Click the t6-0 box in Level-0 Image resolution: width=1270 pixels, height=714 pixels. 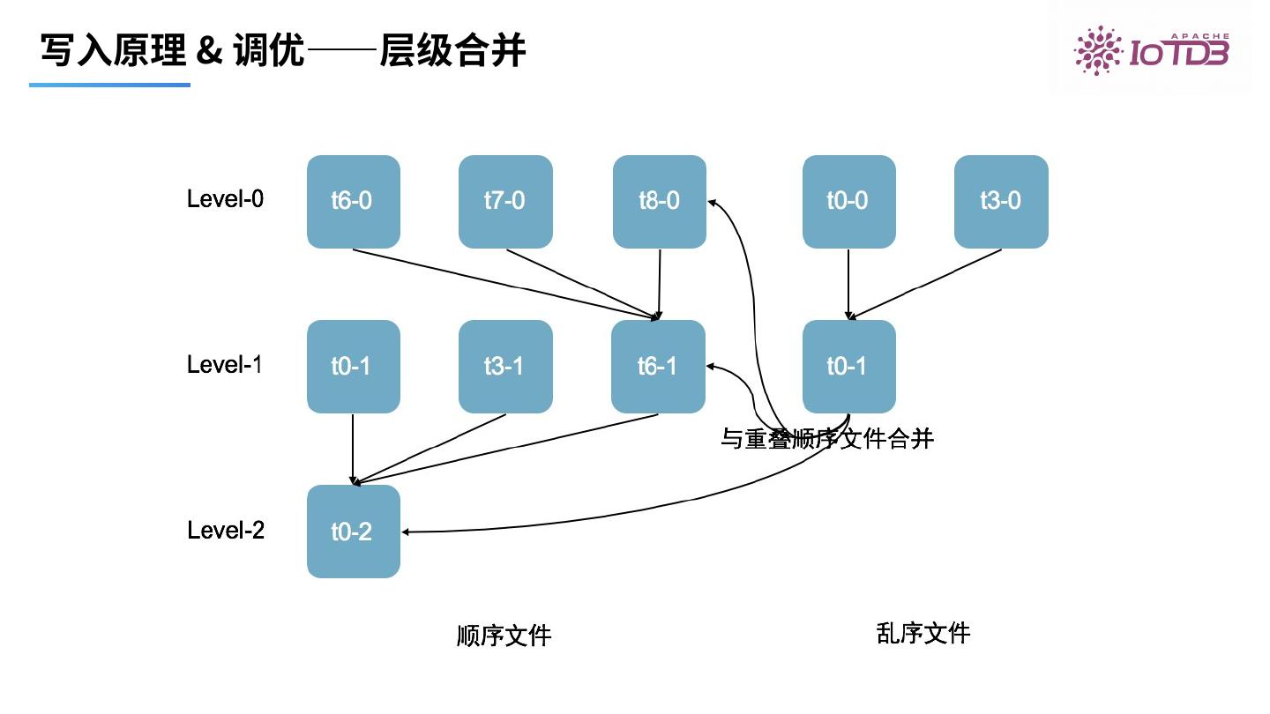pyautogui.click(x=353, y=202)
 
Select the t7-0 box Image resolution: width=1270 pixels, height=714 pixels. pyautogui.click(x=505, y=202)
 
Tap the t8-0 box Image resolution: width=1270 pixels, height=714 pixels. pyautogui.click(x=659, y=202)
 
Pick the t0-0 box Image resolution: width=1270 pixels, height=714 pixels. pyautogui.click(x=848, y=202)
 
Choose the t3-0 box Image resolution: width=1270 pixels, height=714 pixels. pyautogui.click(x=1001, y=202)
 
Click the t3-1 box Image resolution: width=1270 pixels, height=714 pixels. pyautogui.click(x=505, y=367)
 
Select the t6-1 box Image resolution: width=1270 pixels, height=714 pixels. pyautogui.click(x=658, y=367)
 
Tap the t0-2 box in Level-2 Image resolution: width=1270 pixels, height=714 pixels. pyautogui.click(x=353, y=532)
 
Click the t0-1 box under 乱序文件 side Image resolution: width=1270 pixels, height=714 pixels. pyautogui.click(x=848, y=367)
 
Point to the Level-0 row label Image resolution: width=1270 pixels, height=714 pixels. pyautogui.click(x=225, y=199)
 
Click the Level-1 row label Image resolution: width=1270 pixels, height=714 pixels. pyautogui.click(x=225, y=364)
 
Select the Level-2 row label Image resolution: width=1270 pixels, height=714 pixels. pyautogui.click(x=226, y=530)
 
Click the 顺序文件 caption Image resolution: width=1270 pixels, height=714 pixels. pyautogui.click(x=504, y=636)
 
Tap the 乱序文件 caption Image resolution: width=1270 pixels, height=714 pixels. pyautogui.click(x=923, y=633)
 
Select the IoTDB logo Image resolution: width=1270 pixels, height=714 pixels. pyautogui.click(x=1150, y=49)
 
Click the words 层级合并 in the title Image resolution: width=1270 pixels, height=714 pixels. pyautogui.click(x=452, y=51)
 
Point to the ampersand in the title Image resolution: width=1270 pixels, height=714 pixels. pyautogui.click(x=209, y=51)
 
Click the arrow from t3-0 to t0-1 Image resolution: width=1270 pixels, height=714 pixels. pyautogui.click(x=926, y=283)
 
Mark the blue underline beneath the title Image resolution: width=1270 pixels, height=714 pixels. pyautogui.click(x=109, y=85)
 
